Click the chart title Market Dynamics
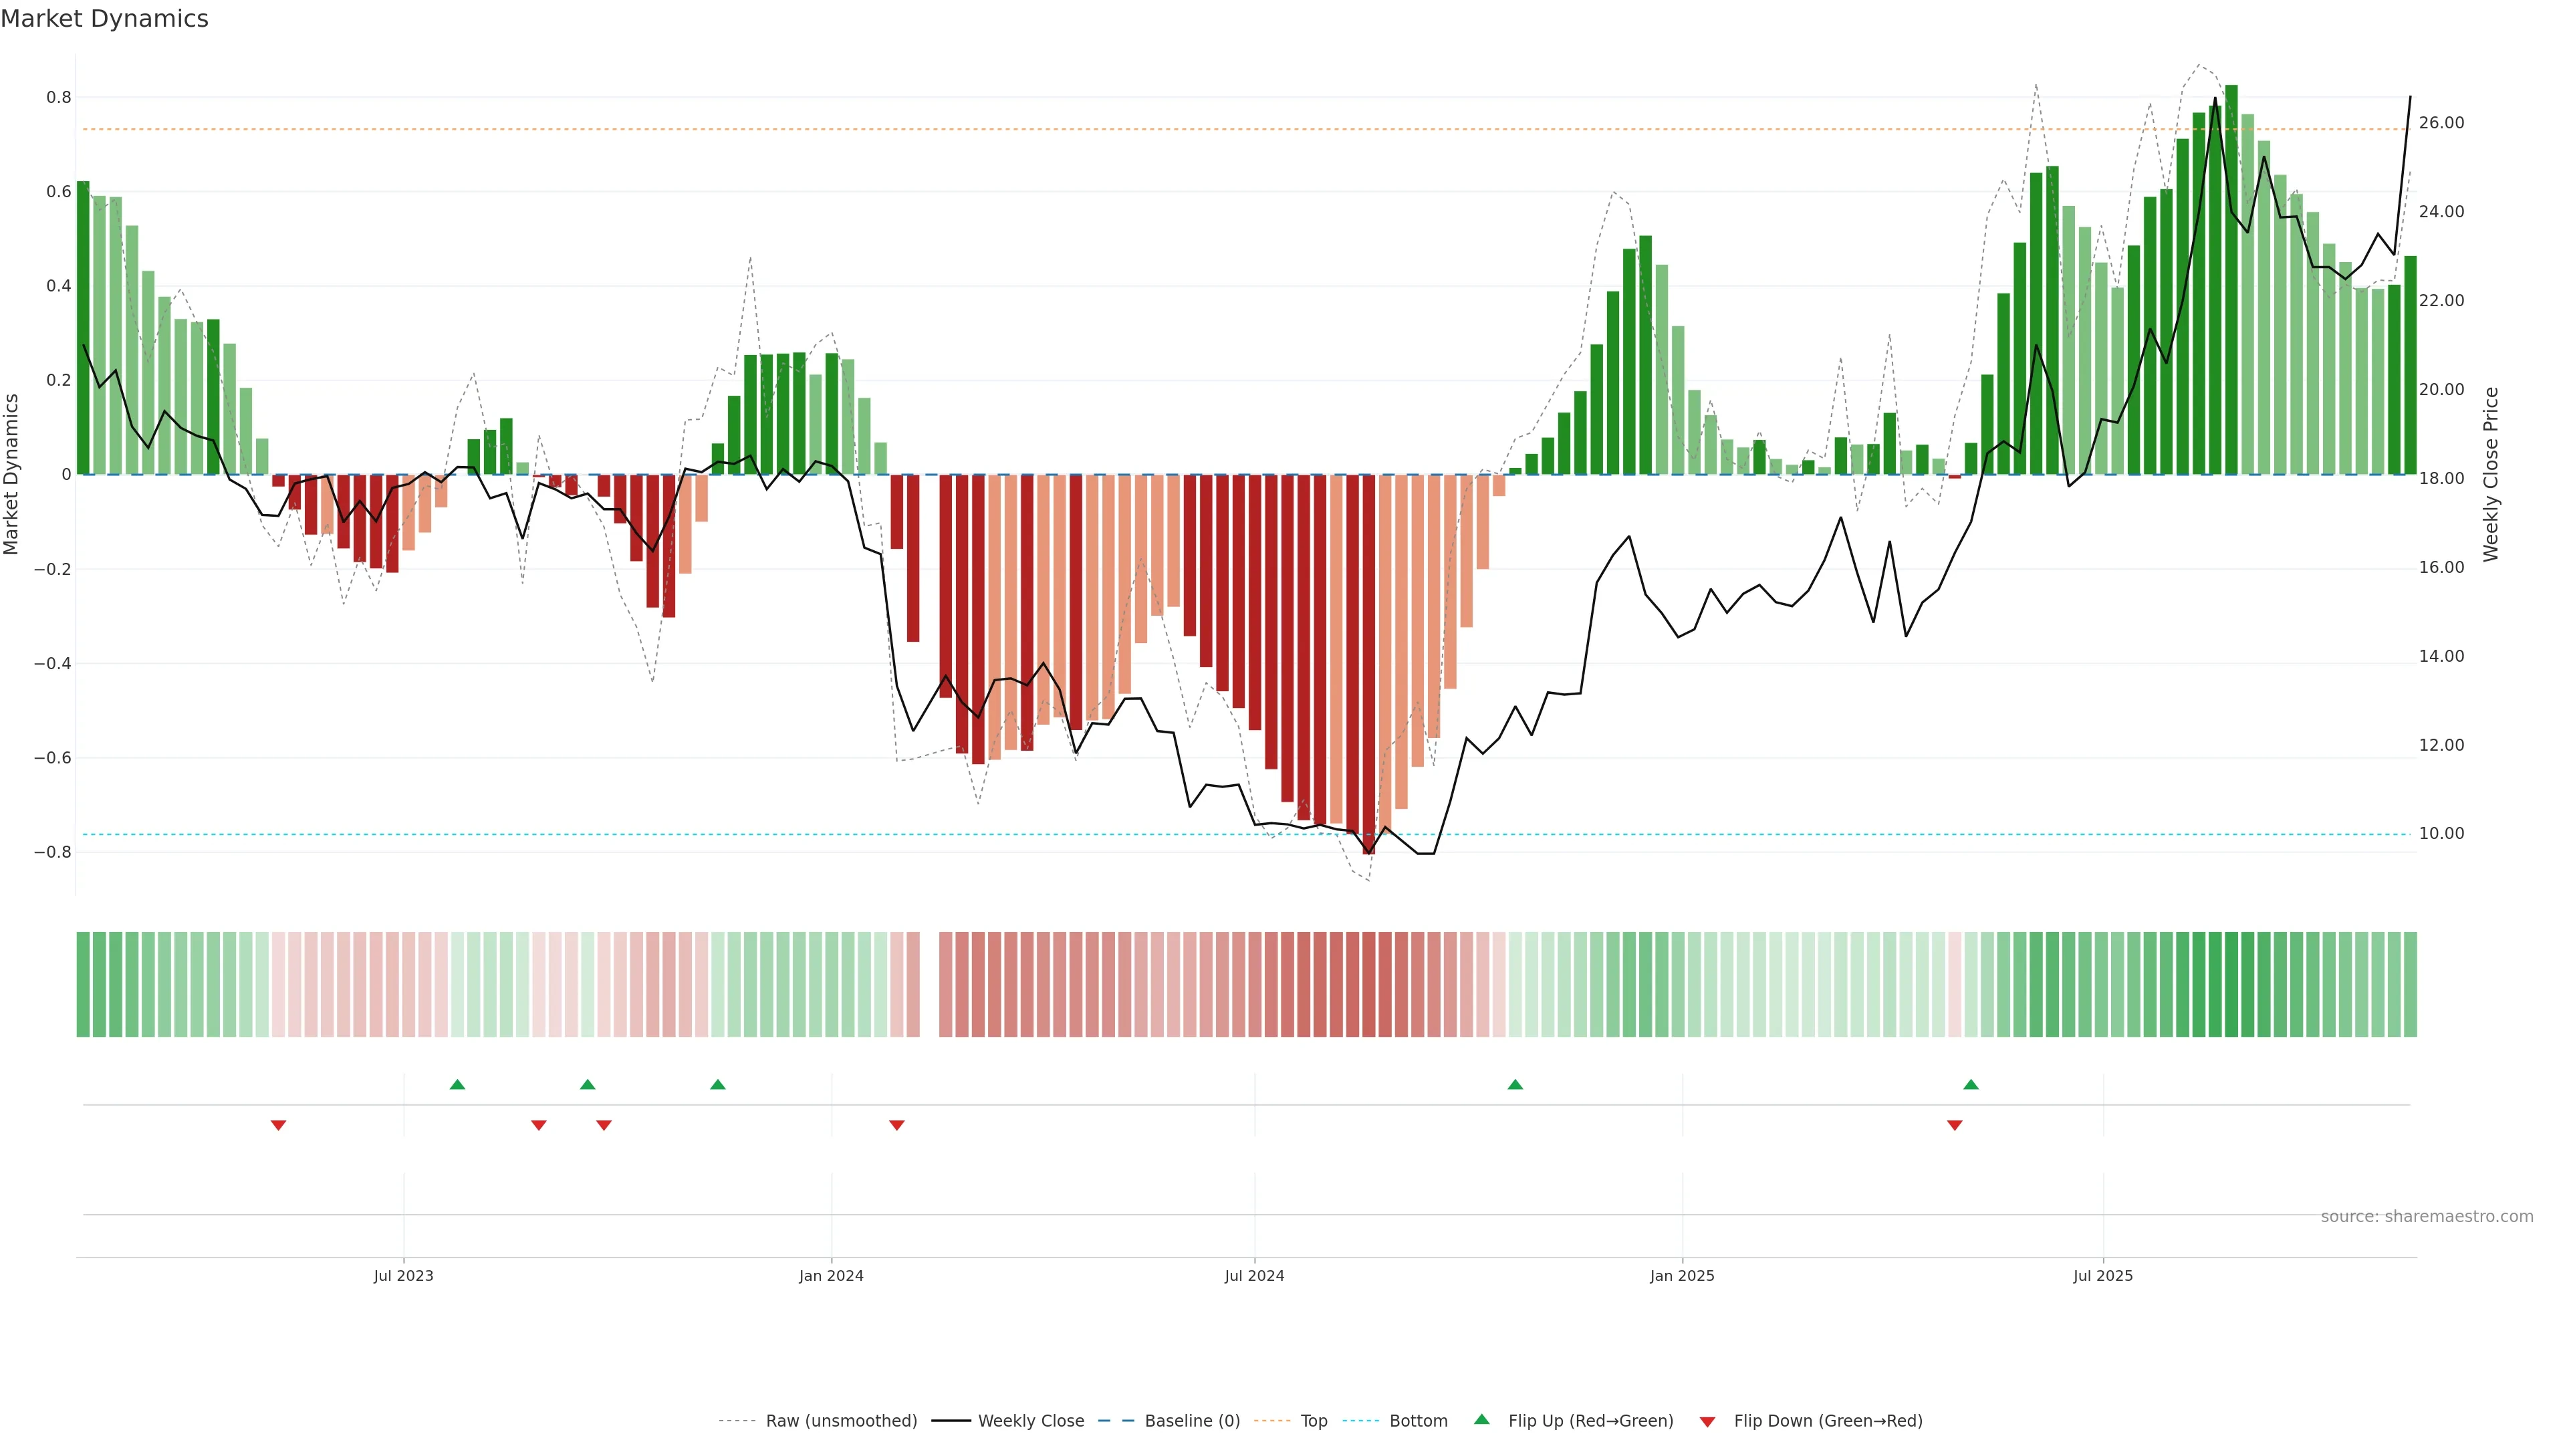(105, 19)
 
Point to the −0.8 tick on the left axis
(53, 852)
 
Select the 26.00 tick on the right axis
(2441, 122)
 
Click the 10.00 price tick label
(2441, 833)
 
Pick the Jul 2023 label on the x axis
(404, 1276)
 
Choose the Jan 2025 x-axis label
(1682, 1276)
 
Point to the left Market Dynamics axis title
(12, 475)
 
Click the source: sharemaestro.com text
(2427, 1217)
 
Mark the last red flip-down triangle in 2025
(1954, 1125)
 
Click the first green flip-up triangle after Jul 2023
(457, 1084)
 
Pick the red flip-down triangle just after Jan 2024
(897, 1125)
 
